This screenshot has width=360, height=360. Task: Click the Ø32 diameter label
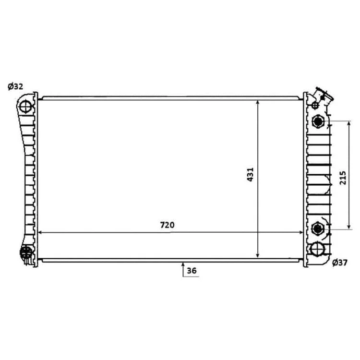pyautogui.click(x=15, y=86)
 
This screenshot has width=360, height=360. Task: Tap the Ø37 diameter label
pyautogui.click(x=340, y=263)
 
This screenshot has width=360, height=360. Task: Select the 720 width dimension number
pyautogui.click(x=167, y=225)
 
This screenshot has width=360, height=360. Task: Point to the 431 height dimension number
pyautogui.click(x=250, y=175)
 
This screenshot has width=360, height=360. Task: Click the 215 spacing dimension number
pyautogui.click(x=343, y=178)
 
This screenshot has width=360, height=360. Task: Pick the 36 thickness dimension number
pyautogui.click(x=192, y=271)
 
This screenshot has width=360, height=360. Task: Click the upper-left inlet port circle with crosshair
pyautogui.click(x=25, y=107)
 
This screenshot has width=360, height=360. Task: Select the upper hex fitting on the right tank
pyautogui.click(x=318, y=121)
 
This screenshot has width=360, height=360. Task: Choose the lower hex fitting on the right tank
pyautogui.click(x=318, y=228)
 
